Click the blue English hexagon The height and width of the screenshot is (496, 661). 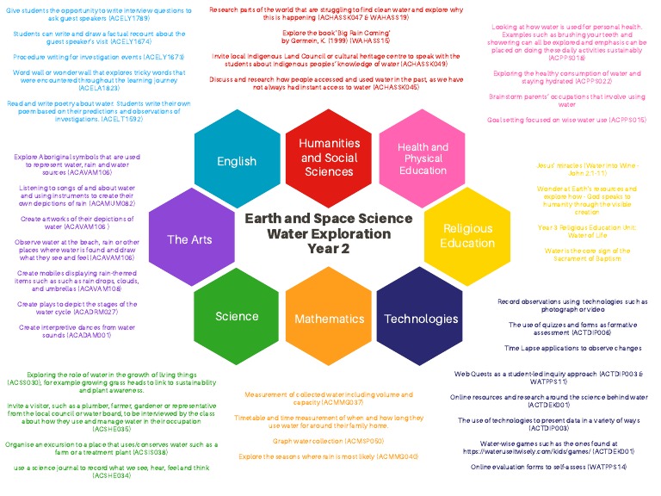pyautogui.click(x=237, y=160)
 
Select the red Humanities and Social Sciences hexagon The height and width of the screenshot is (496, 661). pyautogui.click(x=329, y=158)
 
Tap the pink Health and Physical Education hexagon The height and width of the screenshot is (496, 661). pyautogui.click(x=422, y=158)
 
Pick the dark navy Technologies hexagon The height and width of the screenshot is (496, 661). pyautogui.click(x=421, y=318)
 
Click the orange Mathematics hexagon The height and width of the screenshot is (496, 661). pyautogui.click(x=330, y=319)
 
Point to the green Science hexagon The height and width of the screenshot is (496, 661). pyautogui.click(x=237, y=316)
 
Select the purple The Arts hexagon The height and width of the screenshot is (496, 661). pyautogui.click(x=189, y=239)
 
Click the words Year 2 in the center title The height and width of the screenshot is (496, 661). pyautogui.click(x=329, y=249)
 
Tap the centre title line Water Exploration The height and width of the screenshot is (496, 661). pyautogui.click(x=329, y=233)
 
